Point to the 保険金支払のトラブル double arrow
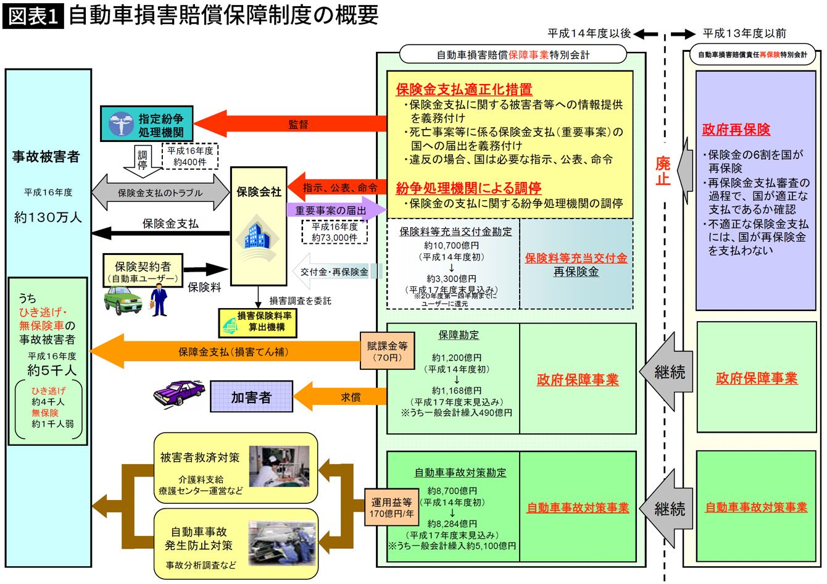pyautogui.click(x=160, y=192)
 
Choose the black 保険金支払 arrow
pyautogui.click(x=160, y=233)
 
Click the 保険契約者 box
pyautogui.click(x=143, y=271)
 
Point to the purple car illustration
pyautogui.click(x=179, y=392)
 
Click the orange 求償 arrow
pyautogui.click(x=346, y=398)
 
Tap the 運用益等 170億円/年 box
pyautogui.click(x=392, y=507)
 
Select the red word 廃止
pyautogui.click(x=662, y=171)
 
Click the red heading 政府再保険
pyautogui.click(x=736, y=130)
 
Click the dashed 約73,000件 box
pyautogui.click(x=335, y=232)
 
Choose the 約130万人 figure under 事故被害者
pyautogui.click(x=48, y=217)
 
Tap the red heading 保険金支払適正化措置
pyautogui.click(x=464, y=90)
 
